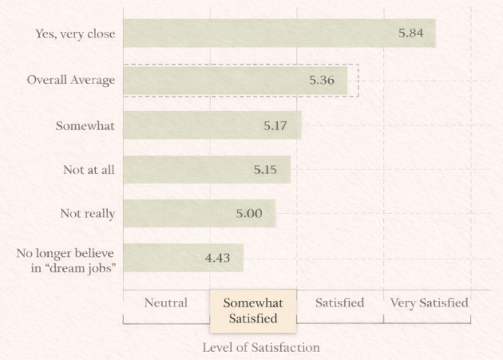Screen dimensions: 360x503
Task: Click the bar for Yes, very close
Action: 279,34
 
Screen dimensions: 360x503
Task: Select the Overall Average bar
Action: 236,80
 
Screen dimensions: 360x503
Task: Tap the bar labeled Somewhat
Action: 212,125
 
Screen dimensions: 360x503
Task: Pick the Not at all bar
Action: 207,169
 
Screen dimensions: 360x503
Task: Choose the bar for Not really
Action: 199,213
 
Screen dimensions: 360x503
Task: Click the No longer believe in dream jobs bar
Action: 183,258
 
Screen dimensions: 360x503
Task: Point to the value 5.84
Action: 410,34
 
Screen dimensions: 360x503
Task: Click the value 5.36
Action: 322,80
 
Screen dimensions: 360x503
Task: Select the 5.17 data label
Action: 275,125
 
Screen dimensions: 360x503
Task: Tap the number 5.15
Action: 265,169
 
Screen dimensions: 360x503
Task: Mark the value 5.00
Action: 248,213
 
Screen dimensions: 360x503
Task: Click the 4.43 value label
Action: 218,258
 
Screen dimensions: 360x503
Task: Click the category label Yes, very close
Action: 75,34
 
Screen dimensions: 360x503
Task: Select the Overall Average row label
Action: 71,80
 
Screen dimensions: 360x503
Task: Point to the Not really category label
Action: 88,213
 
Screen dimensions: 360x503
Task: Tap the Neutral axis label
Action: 165,303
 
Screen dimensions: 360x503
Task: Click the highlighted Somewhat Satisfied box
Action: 252,311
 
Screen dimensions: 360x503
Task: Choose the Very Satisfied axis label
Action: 429,303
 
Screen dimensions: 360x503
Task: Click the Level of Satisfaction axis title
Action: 260,347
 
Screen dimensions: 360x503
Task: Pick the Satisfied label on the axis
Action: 339,303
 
